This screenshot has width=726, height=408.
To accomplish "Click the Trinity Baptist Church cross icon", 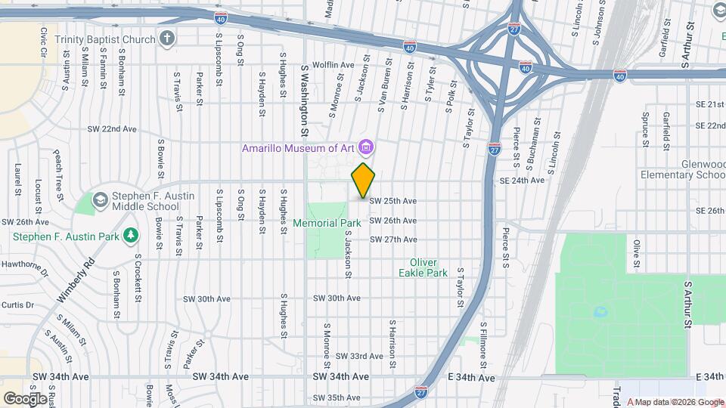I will (167, 38).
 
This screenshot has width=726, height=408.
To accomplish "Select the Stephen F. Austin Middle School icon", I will (100, 201).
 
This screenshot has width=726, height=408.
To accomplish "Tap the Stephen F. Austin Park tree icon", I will (132, 236).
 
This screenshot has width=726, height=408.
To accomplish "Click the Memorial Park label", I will (327, 224).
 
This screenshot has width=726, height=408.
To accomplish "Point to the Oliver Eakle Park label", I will (423, 267).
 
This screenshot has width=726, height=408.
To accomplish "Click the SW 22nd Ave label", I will (112, 129).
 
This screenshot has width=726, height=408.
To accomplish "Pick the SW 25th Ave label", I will (392, 201).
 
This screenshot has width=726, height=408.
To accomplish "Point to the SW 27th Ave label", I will (392, 240).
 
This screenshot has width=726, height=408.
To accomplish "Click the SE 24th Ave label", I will (522, 181).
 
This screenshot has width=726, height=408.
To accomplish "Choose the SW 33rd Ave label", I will (359, 356).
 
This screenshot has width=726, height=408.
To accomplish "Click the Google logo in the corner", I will (25, 398).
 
